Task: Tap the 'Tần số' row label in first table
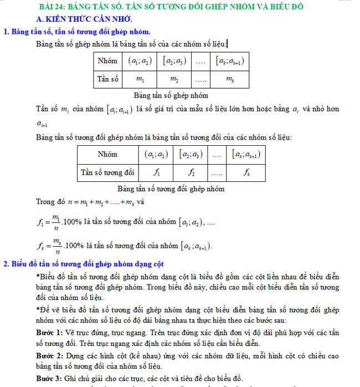109,79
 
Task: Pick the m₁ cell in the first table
141,80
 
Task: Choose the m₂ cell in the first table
174,80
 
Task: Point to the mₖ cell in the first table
229,80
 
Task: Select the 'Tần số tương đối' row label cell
107,172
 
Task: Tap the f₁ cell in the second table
157,172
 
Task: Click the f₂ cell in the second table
190,172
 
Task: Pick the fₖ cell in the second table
246,172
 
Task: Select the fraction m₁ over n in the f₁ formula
55,222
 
